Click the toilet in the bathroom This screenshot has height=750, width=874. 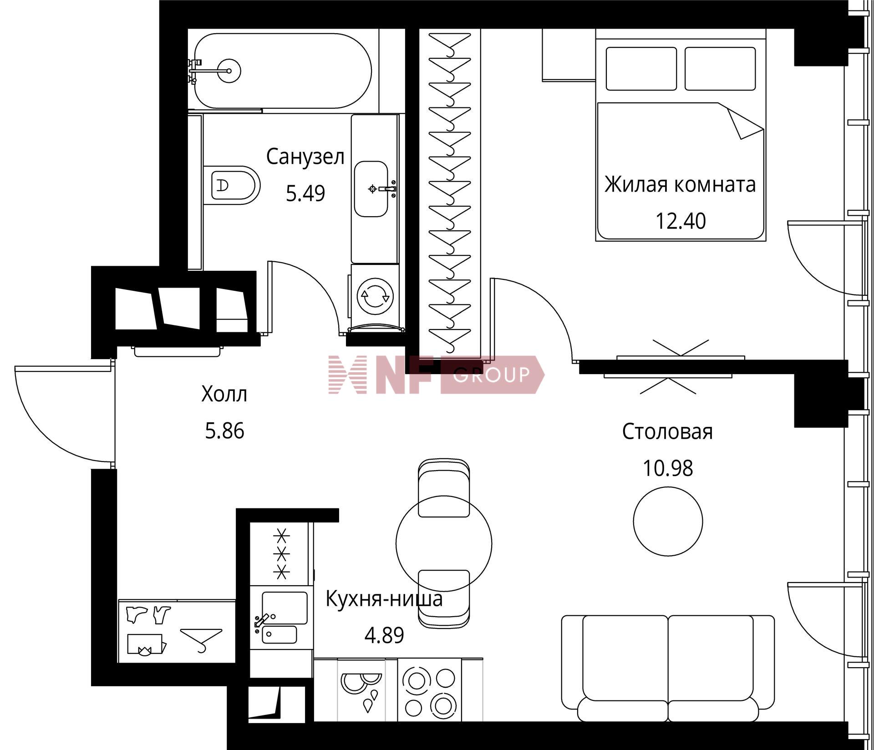(232, 185)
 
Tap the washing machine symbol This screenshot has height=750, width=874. (376, 296)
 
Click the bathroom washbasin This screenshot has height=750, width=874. (371, 188)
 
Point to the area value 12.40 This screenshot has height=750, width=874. (681, 221)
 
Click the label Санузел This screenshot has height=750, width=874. (305, 157)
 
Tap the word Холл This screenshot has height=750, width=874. (224, 394)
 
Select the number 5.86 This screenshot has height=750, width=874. (224, 431)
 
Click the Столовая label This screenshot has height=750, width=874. (667, 431)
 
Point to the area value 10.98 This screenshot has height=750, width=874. (668, 468)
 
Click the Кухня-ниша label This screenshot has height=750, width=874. (384, 599)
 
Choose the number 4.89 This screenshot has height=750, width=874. (384, 635)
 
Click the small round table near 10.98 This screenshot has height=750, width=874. (668, 521)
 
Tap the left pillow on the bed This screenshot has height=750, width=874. (641, 69)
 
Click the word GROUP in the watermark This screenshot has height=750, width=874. (491, 375)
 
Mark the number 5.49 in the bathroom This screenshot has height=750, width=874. (305, 193)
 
